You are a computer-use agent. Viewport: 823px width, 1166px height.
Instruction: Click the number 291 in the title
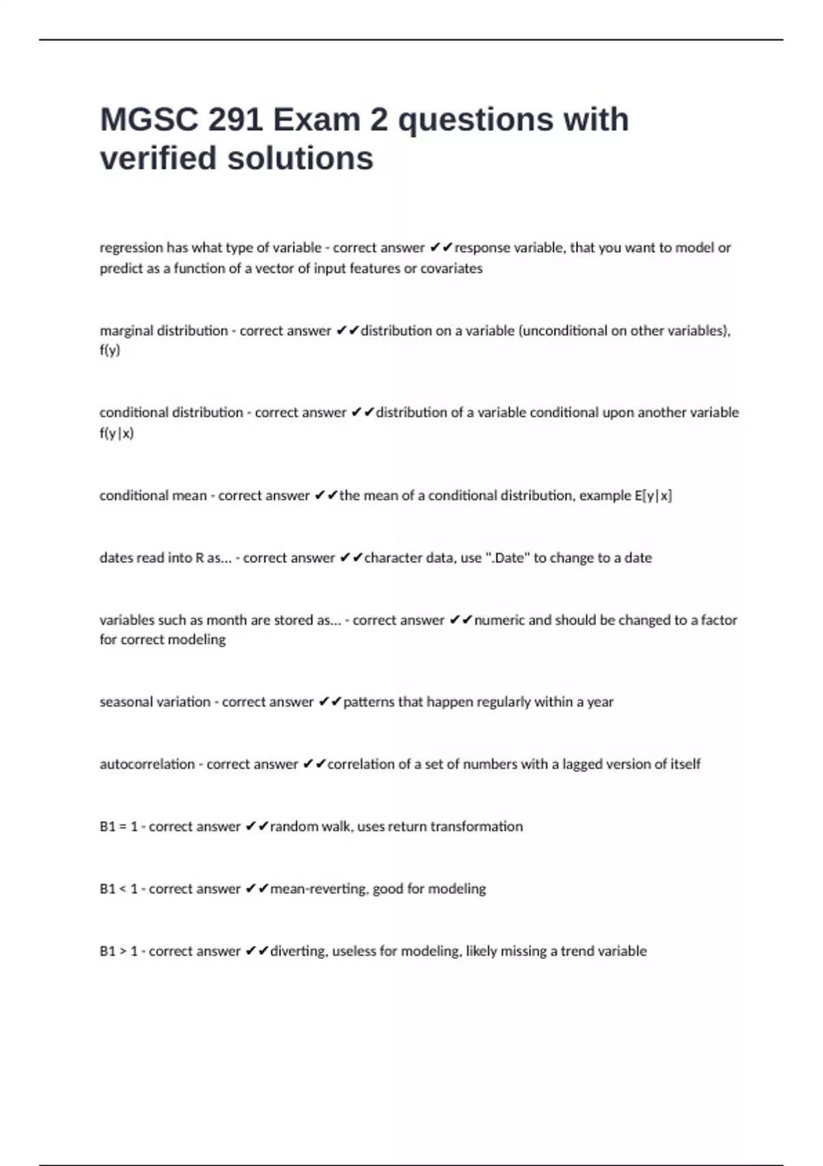coord(235,120)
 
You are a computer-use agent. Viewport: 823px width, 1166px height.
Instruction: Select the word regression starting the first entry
coord(131,248)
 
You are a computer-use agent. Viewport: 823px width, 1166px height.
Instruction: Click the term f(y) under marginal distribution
coord(110,350)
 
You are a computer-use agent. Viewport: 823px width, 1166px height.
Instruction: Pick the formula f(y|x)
coord(117,433)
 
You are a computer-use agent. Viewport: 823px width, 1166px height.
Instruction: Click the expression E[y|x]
coord(653,495)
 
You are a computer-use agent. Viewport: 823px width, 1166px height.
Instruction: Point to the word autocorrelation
coord(147,764)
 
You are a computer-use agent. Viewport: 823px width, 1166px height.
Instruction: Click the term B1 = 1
coord(119,826)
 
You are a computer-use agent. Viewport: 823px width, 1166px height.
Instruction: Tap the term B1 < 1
coord(119,889)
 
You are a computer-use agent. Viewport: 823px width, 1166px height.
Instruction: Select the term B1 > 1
coord(119,951)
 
